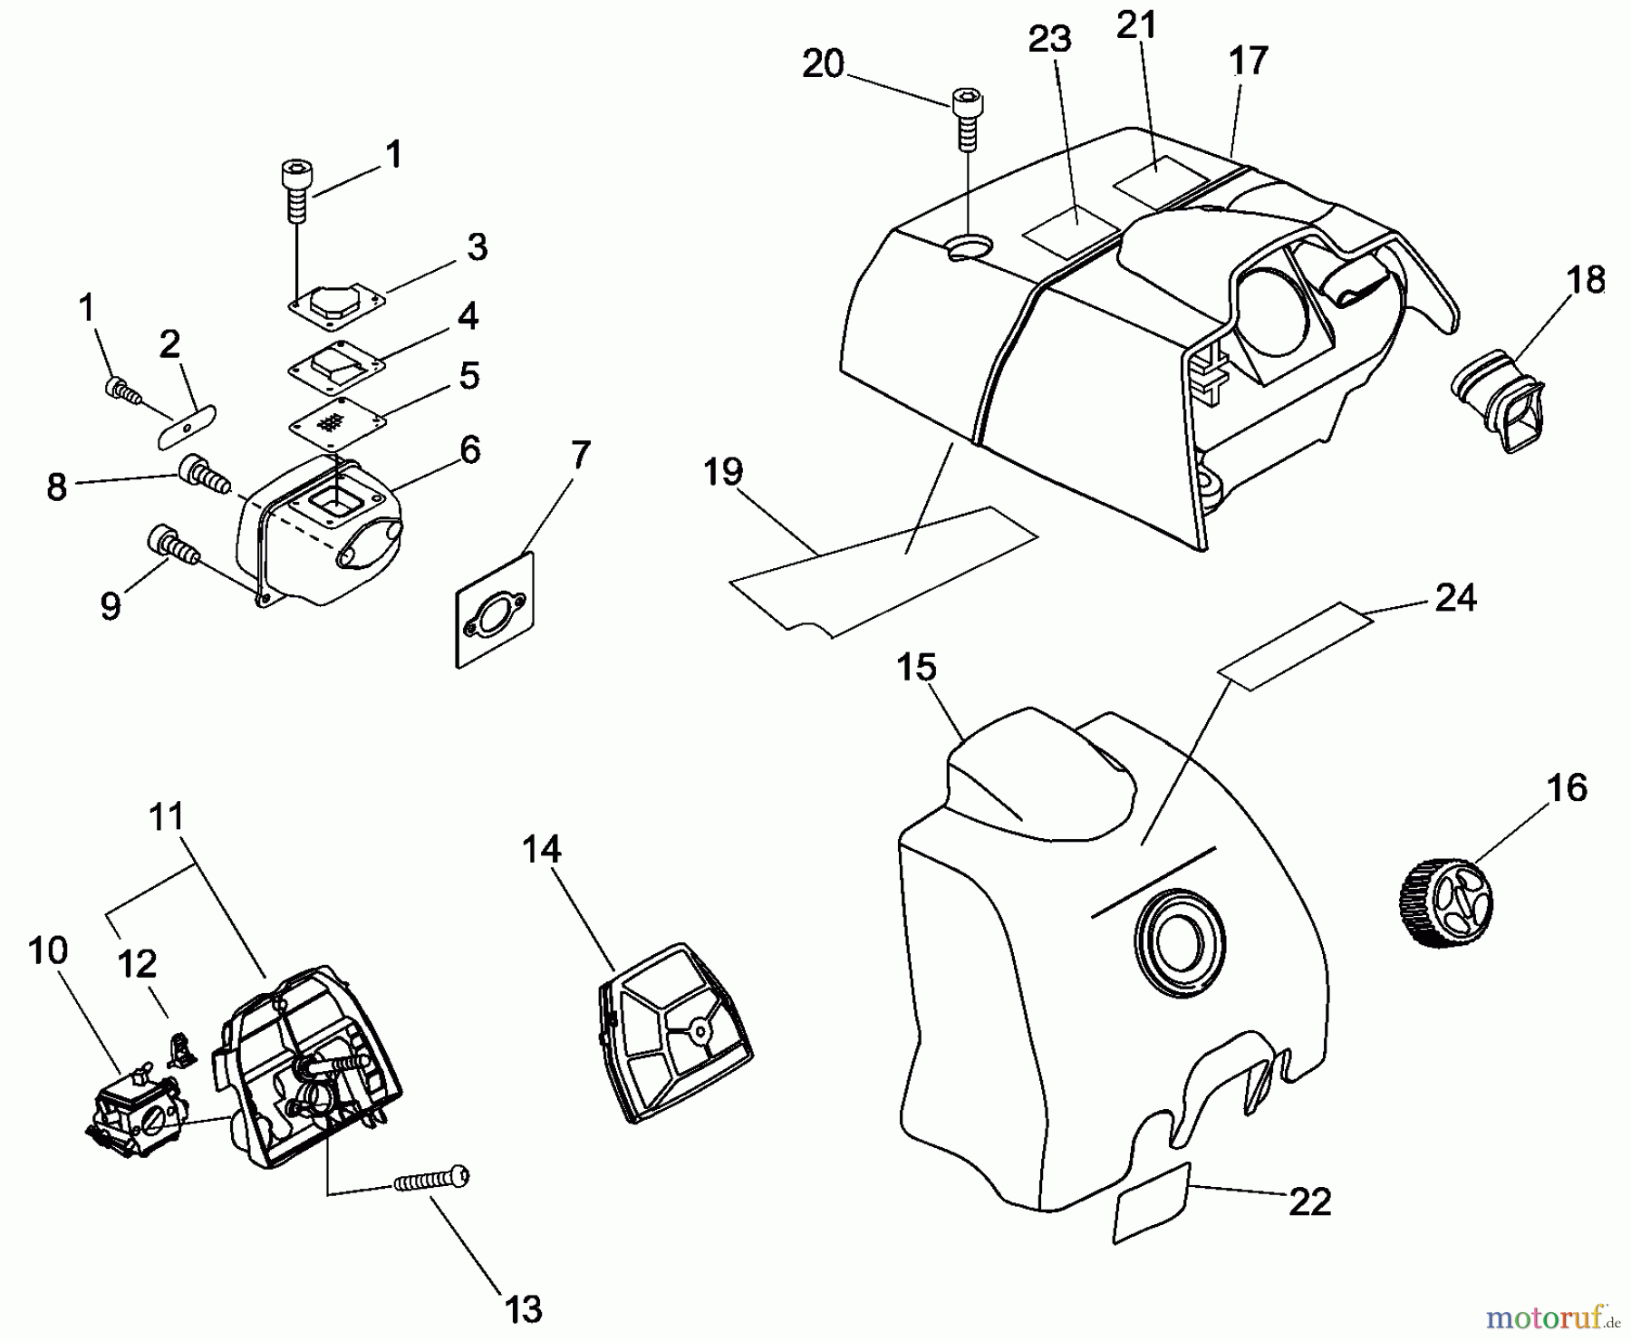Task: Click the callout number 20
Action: coord(823,64)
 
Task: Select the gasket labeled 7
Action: coord(494,611)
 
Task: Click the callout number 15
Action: coord(915,668)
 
